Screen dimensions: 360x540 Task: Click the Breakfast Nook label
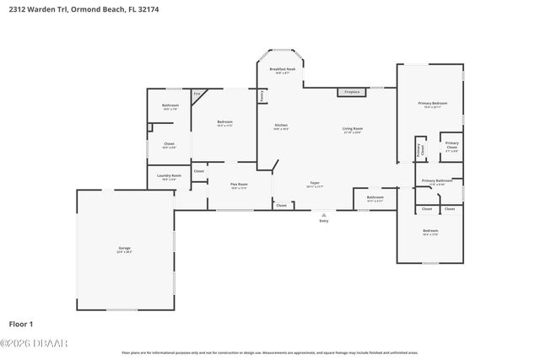282,68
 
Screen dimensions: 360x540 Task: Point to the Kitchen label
281,126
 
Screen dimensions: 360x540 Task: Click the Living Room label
352,128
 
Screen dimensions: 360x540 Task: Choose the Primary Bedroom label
432,104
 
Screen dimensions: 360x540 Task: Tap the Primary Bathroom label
442,180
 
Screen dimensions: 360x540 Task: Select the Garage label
124,249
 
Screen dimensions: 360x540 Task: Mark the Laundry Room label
169,176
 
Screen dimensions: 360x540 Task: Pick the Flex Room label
239,185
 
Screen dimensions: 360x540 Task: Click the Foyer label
314,183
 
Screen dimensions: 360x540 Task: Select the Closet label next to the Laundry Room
199,171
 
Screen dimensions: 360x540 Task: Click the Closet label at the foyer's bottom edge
281,204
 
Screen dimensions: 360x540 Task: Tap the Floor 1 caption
21,323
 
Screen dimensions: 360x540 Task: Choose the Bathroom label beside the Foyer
375,198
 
